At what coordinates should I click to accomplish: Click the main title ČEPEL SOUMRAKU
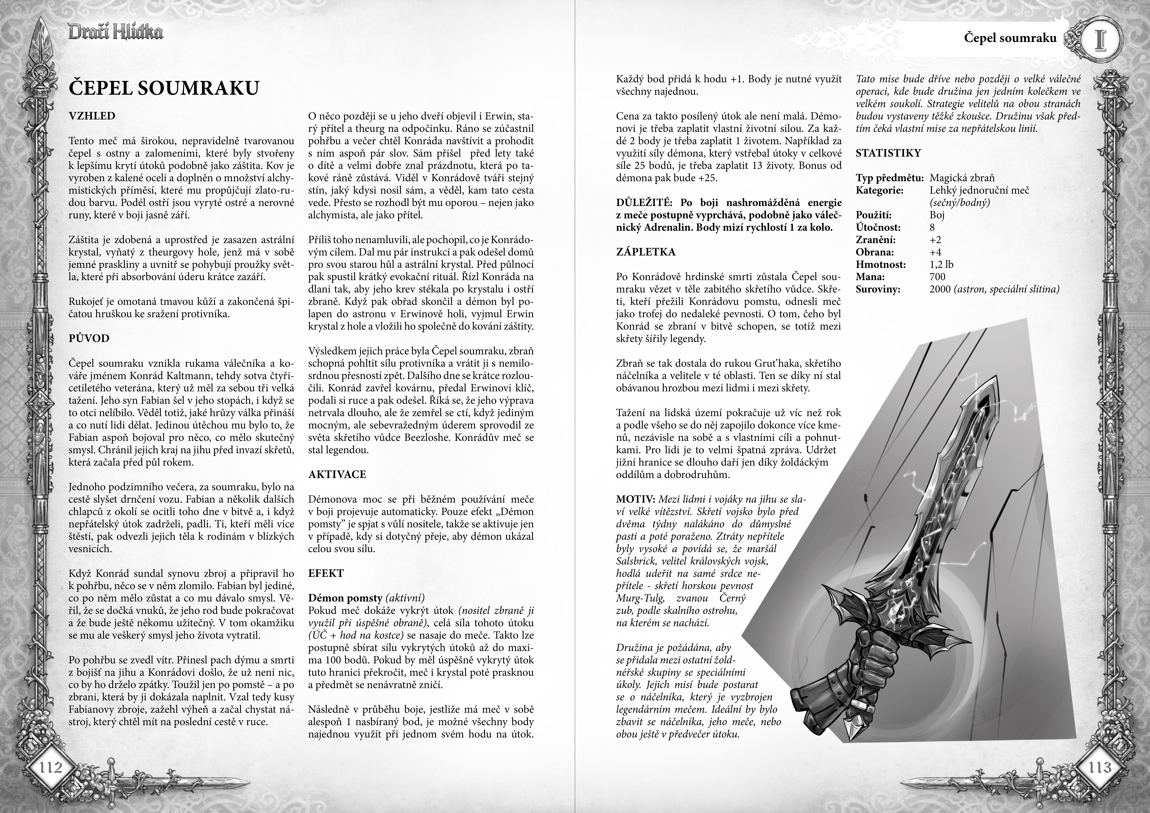click(x=164, y=88)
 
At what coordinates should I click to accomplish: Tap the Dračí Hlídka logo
click(x=115, y=33)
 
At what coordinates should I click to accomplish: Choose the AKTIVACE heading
click(x=337, y=474)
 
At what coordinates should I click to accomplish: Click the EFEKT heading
click(x=326, y=573)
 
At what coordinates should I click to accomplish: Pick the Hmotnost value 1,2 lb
click(x=941, y=265)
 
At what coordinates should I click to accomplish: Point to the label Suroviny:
click(x=878, y=289)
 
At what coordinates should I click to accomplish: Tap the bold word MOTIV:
click(x=635, y=499)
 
